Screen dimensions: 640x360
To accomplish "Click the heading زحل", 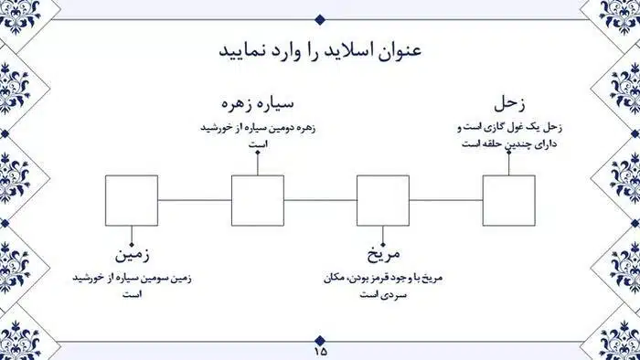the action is tap(509, 101).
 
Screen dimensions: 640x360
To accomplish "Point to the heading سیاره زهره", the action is tap(259, 101).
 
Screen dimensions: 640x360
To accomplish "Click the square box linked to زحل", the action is tap(509, 199).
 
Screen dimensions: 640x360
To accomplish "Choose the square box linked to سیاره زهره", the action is tap(258, 199).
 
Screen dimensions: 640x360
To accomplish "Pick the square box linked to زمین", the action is tap(132, 199).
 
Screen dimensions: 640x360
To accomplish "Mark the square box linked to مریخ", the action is tap(383, 199).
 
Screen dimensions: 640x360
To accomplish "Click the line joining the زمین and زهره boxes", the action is tap(195, 199).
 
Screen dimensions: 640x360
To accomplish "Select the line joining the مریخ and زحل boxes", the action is tap(446, 199).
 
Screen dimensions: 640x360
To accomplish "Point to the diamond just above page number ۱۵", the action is tap(320, 338).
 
